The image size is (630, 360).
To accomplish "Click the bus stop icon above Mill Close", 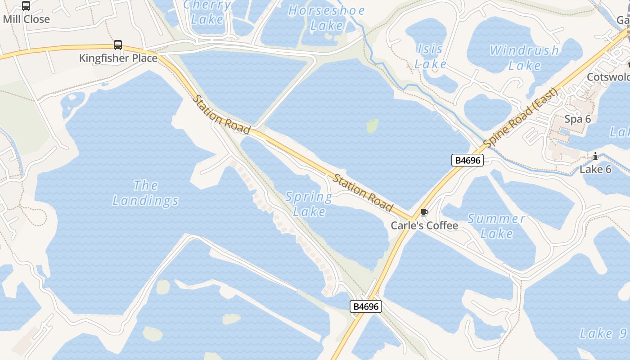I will coord(26,6).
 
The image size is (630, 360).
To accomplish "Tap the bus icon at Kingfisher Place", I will coord(118,45).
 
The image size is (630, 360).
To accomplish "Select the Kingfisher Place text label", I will coord(118,58).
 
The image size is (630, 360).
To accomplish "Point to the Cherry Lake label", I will coord(207,12).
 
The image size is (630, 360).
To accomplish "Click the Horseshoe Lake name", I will coord(327,18).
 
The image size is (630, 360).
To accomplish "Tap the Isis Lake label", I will coord(430,56).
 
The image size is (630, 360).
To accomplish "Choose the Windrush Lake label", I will coord(524,58).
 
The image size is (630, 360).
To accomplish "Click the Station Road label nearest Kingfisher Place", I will coord(221,114).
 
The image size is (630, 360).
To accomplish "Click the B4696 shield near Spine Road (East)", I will coord(468,160).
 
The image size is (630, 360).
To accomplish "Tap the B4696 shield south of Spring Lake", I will coord(366,307).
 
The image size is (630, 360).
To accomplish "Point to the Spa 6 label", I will coord(578,119).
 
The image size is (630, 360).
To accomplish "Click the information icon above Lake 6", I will coord(595,157).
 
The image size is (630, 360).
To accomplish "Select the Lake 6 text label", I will coord(595,169).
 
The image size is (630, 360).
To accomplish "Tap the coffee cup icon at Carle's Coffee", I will coord(424,212).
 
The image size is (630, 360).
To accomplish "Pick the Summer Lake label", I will coord(496,226).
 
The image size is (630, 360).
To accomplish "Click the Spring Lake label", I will coord(309,204).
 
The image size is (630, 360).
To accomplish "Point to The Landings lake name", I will coord(145,193).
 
